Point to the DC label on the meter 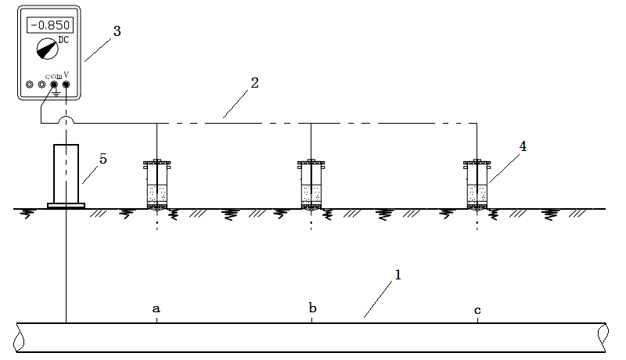pos(64,39)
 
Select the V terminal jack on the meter pos(66,84)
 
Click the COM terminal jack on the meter pos(54,84)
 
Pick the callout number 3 pos(117,31)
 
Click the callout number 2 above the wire pos(255,82)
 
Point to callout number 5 pos(103,159)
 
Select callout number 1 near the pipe pos(398,275)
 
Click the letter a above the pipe pos(156,309)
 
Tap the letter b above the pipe pos(312,308)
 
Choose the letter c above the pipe pos(477,310)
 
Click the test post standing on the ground pos(66,174)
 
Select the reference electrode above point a pos(157,185)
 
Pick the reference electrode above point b pos(311,185)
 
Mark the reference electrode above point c pos(477,185)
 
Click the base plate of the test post pos(66,206)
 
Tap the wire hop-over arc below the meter pos(66,120)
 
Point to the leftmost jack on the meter pos(30,84)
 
